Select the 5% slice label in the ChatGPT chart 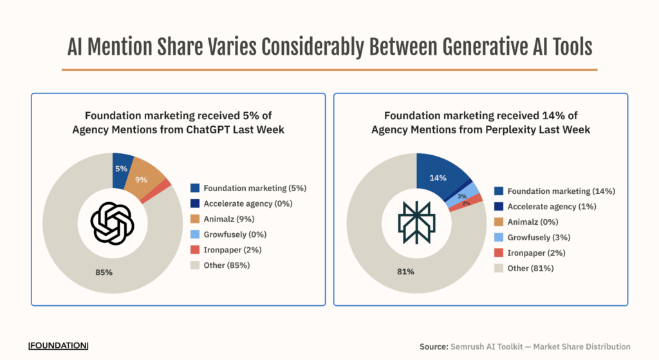(121, 169)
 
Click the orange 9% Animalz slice (143, 179)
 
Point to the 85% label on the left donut (104, 272)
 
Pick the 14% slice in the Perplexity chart (439, 177)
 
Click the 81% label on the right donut (405, 272)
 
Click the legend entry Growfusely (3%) (539, 238)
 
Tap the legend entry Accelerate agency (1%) (552, 207)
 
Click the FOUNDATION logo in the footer (59, 345)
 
